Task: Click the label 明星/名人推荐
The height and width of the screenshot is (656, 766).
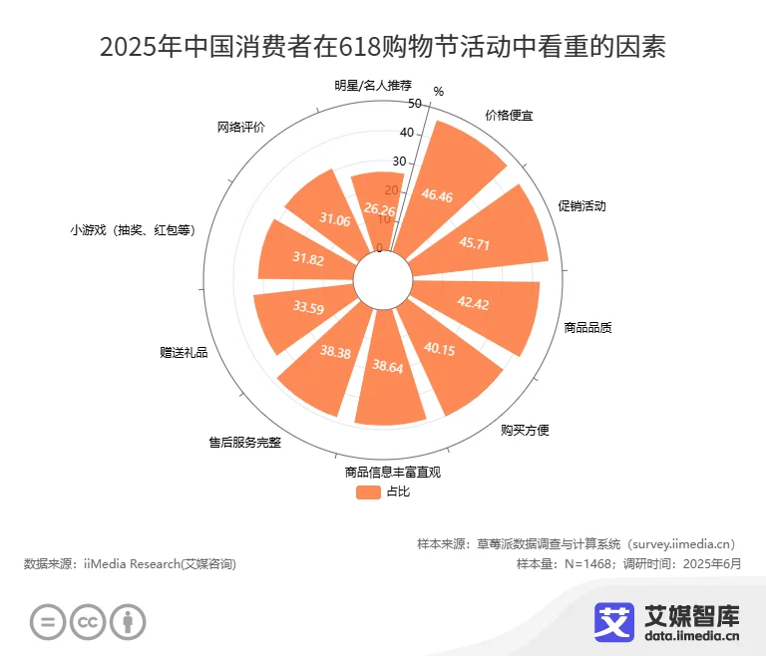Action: (x=373, y=85)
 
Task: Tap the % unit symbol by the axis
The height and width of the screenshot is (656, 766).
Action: (x=438, y=92)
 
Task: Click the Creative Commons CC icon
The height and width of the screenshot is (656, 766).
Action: (x=88, y=622)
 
